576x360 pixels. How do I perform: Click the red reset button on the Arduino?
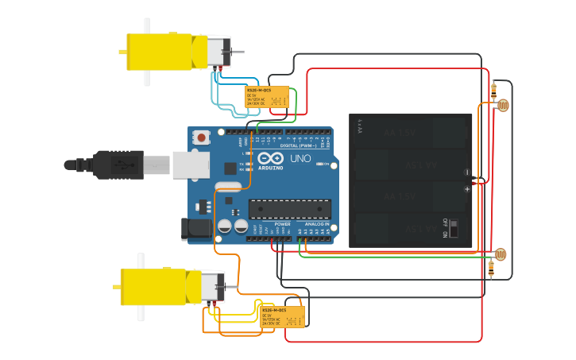(x=202, y=137)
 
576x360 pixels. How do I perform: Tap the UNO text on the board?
(x=301, y=158)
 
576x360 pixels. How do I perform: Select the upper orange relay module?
(x=266, y=98)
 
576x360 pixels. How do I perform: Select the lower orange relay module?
(x=283, y=316)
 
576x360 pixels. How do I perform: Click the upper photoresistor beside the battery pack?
(x=502, y=104)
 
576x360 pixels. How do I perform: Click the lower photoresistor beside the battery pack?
(x=500, y=254)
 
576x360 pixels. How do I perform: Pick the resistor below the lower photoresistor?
(x=490, y=270)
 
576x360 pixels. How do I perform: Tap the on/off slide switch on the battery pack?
(x=454, y=229)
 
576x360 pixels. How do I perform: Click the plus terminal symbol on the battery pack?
(x=467, y=189)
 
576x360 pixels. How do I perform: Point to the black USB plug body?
(x=118, y=165)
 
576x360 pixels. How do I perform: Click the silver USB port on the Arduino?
(x=191, y=165)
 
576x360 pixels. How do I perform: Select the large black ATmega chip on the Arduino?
(x=289, y=208)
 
